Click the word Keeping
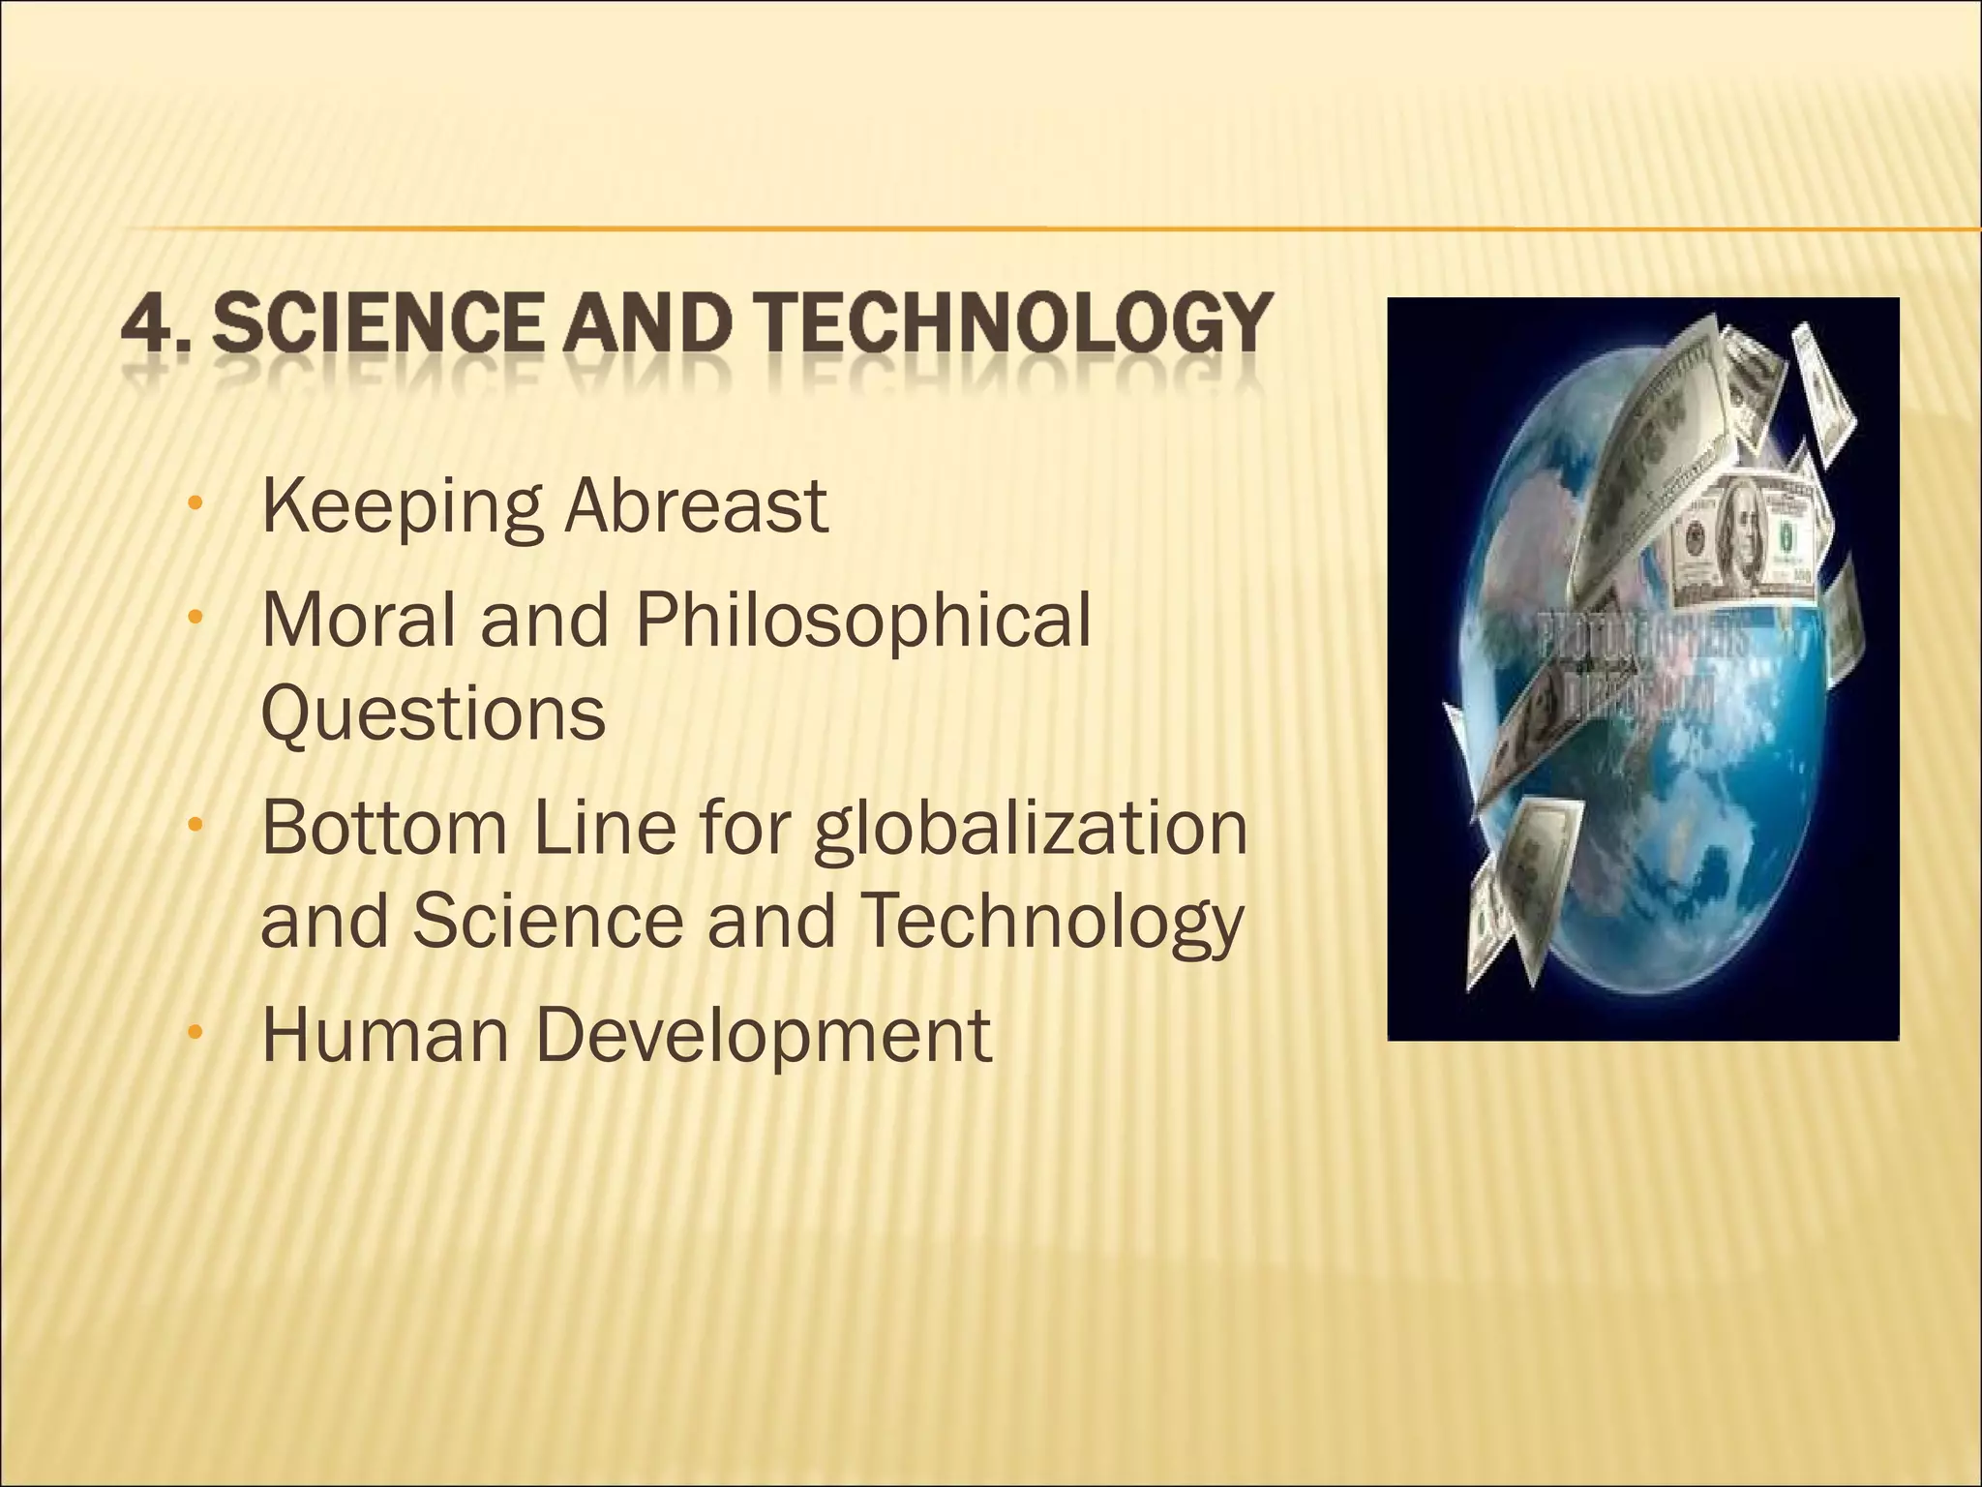click(403, 508)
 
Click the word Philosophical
click(862, 622)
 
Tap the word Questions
click(434, 714)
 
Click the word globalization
click(1031, 831)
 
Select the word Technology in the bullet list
click(1051, 923)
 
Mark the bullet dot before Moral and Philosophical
click(196, 617)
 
